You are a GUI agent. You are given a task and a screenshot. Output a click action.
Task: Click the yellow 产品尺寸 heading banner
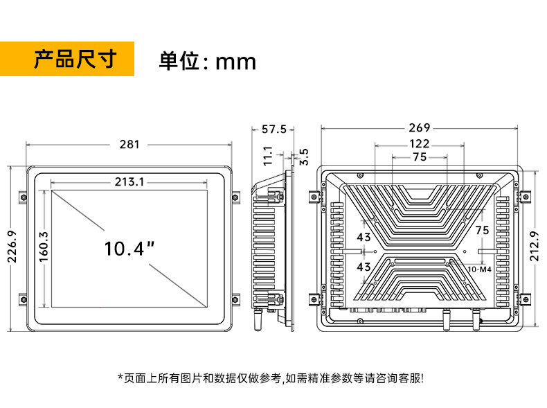coord(67,60)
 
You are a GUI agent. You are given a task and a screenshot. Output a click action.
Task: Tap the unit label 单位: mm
coord(208,62)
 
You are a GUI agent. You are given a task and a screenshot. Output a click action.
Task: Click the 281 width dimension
coord(129,144)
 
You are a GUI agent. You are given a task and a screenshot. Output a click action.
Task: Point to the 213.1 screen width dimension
coord(129,182)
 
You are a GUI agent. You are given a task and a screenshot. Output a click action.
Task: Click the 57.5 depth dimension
coord(273,129)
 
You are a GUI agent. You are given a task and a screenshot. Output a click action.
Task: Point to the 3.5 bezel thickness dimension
coord(303,156)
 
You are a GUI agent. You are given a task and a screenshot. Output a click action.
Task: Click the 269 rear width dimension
coord(419,127)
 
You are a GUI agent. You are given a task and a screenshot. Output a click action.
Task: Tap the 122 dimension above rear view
coord(419,143)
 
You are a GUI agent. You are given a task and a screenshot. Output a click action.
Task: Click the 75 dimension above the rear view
coord(419,157)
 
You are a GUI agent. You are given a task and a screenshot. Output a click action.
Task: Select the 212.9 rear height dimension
coord(533,246)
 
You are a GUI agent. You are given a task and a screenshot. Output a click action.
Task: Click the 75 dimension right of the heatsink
coord(481,229)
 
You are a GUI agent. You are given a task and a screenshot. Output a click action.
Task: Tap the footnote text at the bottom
coord(273,378)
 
